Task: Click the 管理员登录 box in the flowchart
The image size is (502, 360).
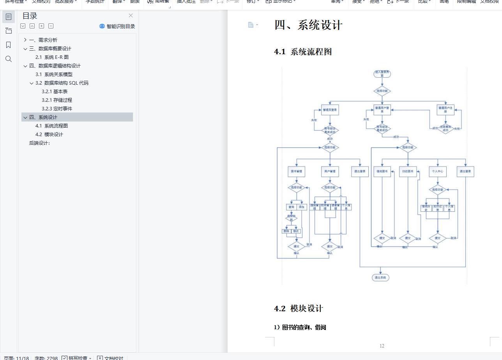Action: point(330,110)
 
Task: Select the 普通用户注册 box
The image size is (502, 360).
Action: point(445,110)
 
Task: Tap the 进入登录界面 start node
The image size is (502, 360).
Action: point(382,74)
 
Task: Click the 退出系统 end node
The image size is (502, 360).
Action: point(380,278)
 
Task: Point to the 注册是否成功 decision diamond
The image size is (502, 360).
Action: point(445,128)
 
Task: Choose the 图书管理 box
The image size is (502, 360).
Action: point(297,172)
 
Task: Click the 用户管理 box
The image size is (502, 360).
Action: point(330,172)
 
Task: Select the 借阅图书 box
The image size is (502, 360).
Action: point(382,172)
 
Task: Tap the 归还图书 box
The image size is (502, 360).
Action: point(408,172)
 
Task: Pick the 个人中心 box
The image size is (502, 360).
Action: point(437,172)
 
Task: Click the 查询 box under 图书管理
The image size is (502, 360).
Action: point(291,207)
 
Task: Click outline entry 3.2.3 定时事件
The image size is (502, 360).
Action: point(57,108)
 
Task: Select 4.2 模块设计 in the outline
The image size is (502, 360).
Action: point(49,134)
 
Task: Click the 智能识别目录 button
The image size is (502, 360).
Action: point(117,26)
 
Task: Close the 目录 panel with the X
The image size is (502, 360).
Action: point(131,16)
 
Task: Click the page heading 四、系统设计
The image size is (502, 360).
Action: point(308,25)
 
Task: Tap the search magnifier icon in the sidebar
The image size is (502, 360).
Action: point(9,59)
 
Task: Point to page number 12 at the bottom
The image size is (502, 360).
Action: point(382,346)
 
